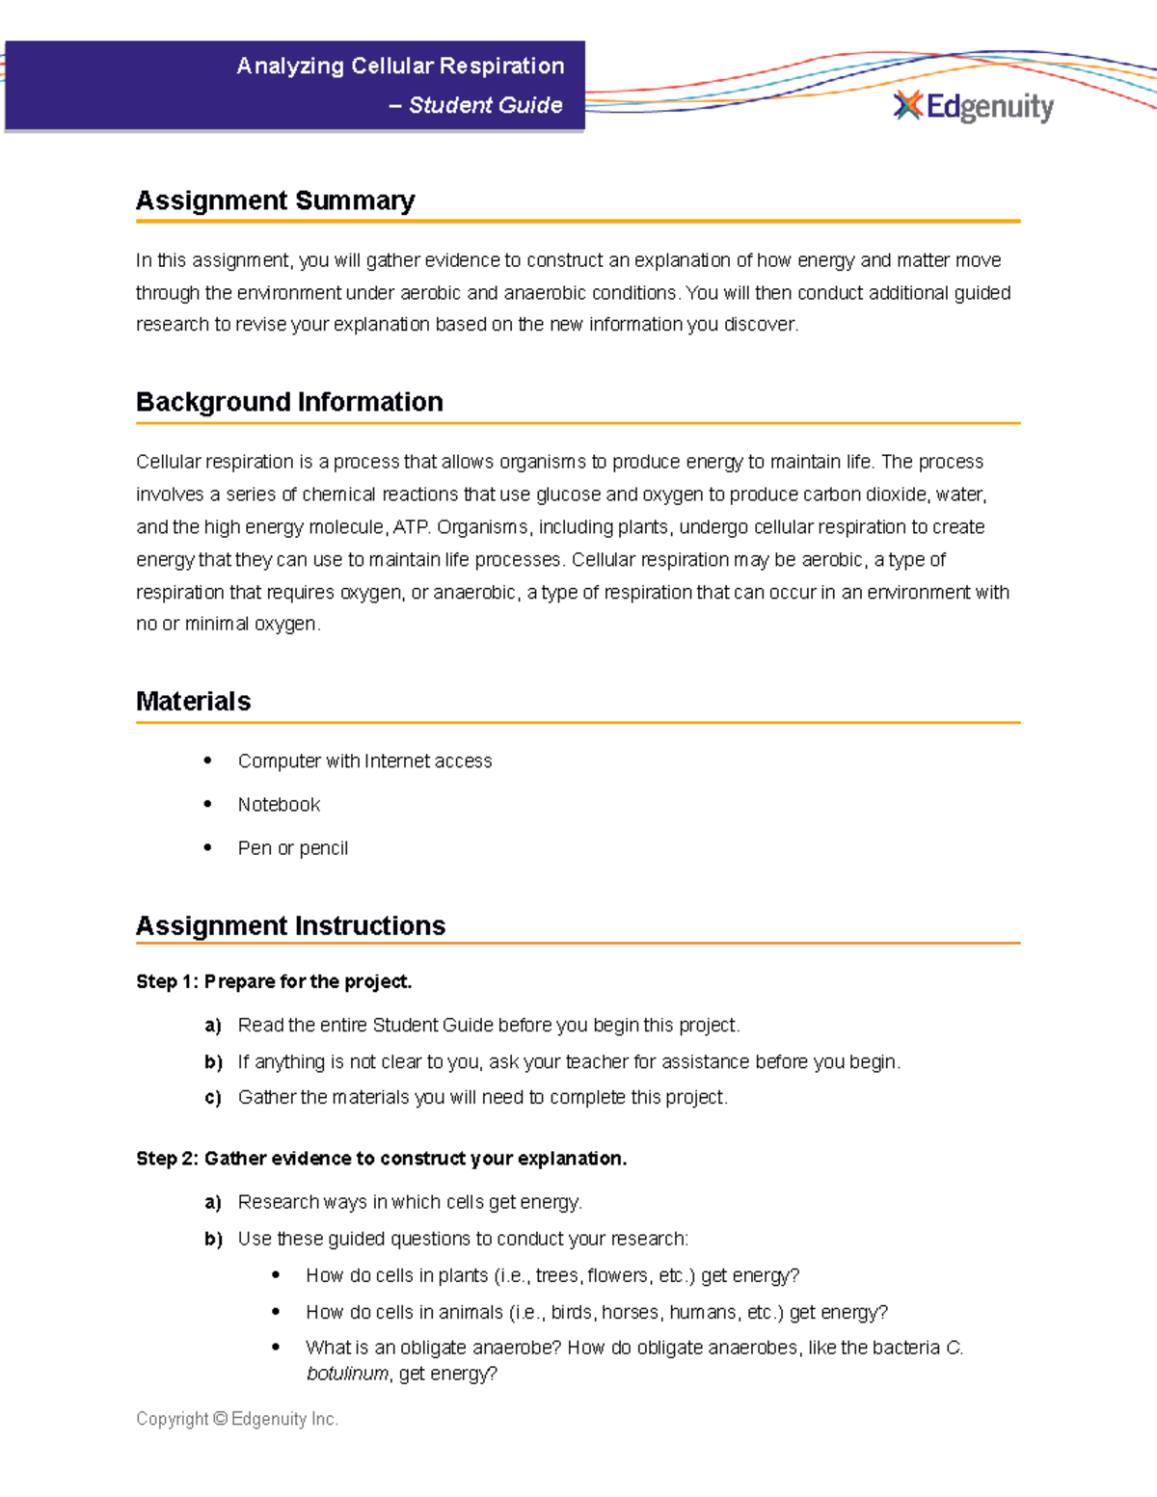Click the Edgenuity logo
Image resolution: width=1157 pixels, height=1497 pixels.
973,106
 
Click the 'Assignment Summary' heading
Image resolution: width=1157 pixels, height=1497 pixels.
275,200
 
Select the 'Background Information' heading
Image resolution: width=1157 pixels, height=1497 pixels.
289,402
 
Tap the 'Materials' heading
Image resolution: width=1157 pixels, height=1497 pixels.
193,701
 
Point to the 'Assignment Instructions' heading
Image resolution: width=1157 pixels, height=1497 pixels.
290,925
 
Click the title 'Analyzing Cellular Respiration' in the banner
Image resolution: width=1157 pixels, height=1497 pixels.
400,66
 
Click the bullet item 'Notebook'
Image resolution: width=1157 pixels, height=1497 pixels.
279,804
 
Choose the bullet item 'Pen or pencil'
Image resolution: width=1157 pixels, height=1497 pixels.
292,848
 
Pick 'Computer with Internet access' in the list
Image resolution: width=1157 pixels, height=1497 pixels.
364,761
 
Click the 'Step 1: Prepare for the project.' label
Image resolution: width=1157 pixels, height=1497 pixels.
274,981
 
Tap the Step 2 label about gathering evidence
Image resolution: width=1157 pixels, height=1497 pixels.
381,1158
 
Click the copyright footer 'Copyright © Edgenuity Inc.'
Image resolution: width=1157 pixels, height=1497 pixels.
237,1419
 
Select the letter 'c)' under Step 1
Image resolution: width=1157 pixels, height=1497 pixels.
213,1098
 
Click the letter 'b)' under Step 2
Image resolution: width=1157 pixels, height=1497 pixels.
213,1239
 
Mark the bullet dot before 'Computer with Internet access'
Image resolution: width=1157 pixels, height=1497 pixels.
207,761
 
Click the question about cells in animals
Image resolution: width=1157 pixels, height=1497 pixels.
596,1312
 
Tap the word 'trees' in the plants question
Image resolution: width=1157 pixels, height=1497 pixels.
556,1275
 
